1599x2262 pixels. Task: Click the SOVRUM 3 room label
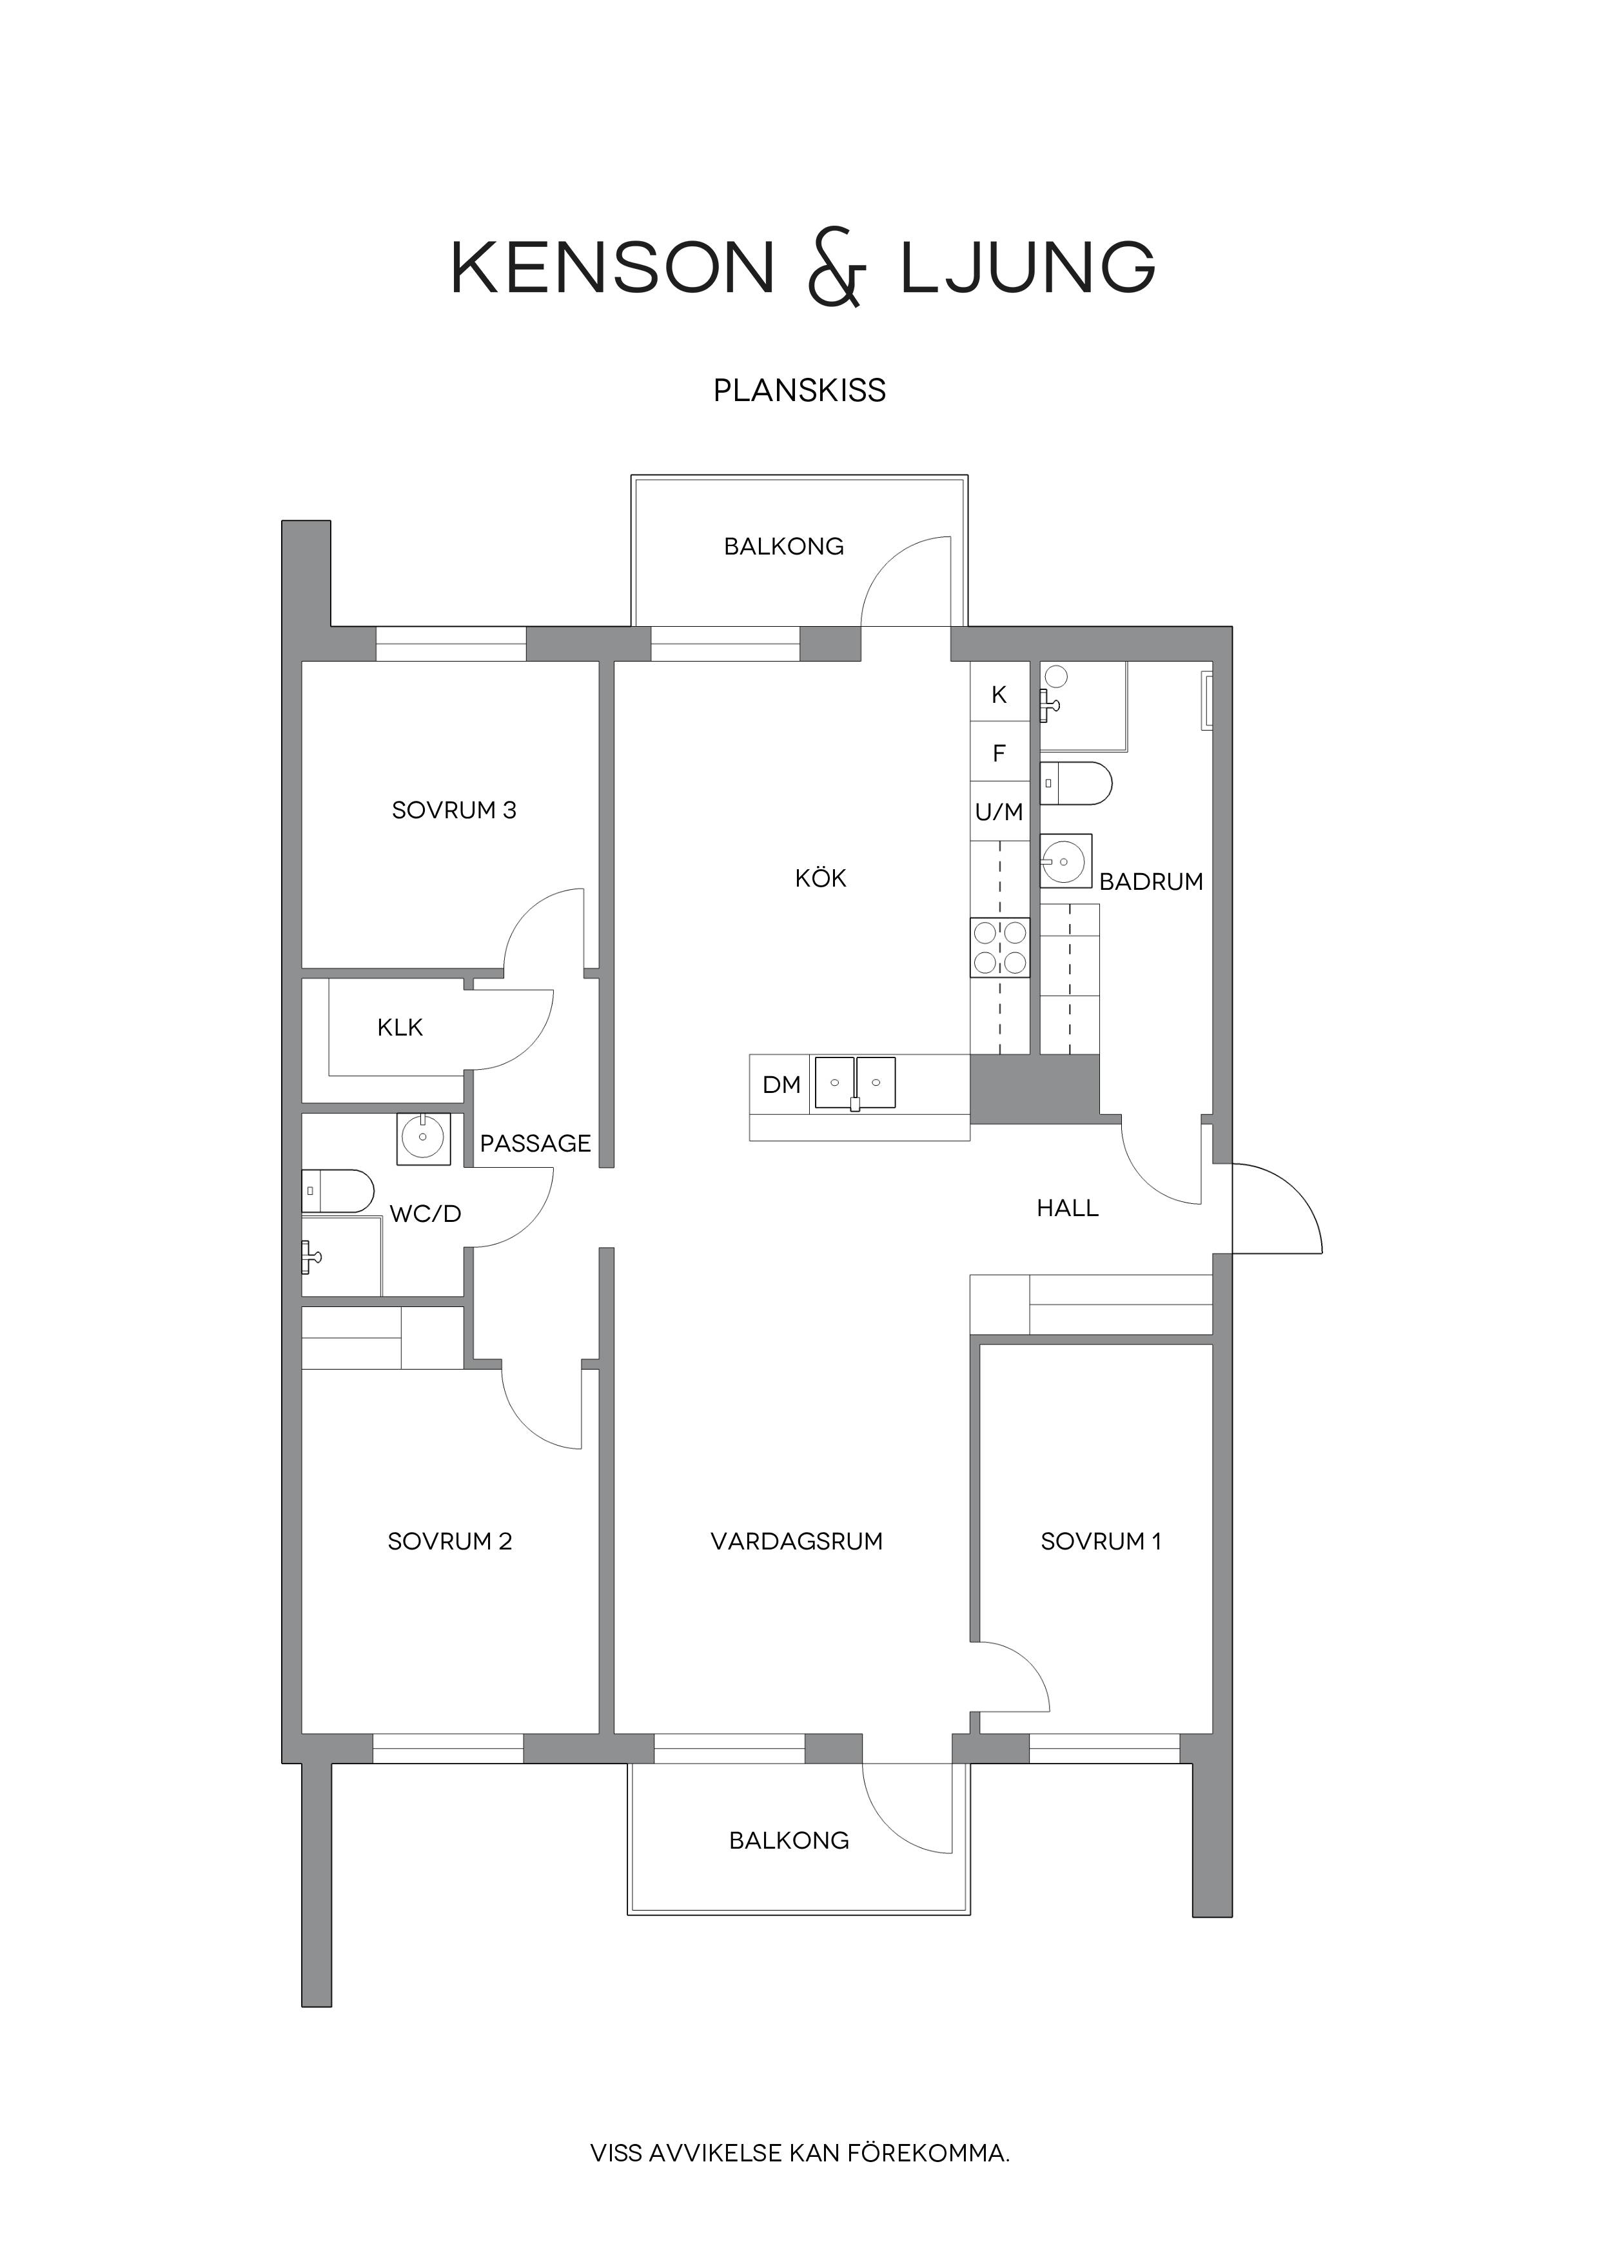454,811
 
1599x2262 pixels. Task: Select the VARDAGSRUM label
797,1542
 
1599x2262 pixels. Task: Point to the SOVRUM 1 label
1101,1542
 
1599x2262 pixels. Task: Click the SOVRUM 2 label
450,1542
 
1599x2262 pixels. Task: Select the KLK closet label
400,1028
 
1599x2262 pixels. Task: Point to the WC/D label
426,1214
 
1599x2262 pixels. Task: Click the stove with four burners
1000,948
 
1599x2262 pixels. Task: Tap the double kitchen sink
855,1084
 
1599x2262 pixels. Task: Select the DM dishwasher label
782,1085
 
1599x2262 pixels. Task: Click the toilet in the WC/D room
338,1190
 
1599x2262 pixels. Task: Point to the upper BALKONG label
784,547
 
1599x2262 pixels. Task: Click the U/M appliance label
999,812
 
